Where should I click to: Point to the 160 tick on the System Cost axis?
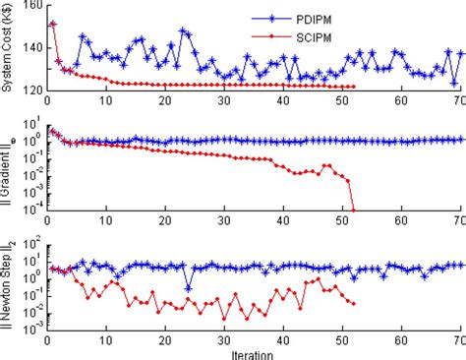pos(32,6)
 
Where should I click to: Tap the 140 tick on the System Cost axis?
pos(32,48)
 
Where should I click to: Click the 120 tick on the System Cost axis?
pos(32,90)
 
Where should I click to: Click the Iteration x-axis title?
pos(255,352)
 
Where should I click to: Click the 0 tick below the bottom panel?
pos(47,338)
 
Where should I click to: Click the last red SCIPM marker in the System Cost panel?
pos(353,88)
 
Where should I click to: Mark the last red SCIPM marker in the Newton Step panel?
pos(353,302)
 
